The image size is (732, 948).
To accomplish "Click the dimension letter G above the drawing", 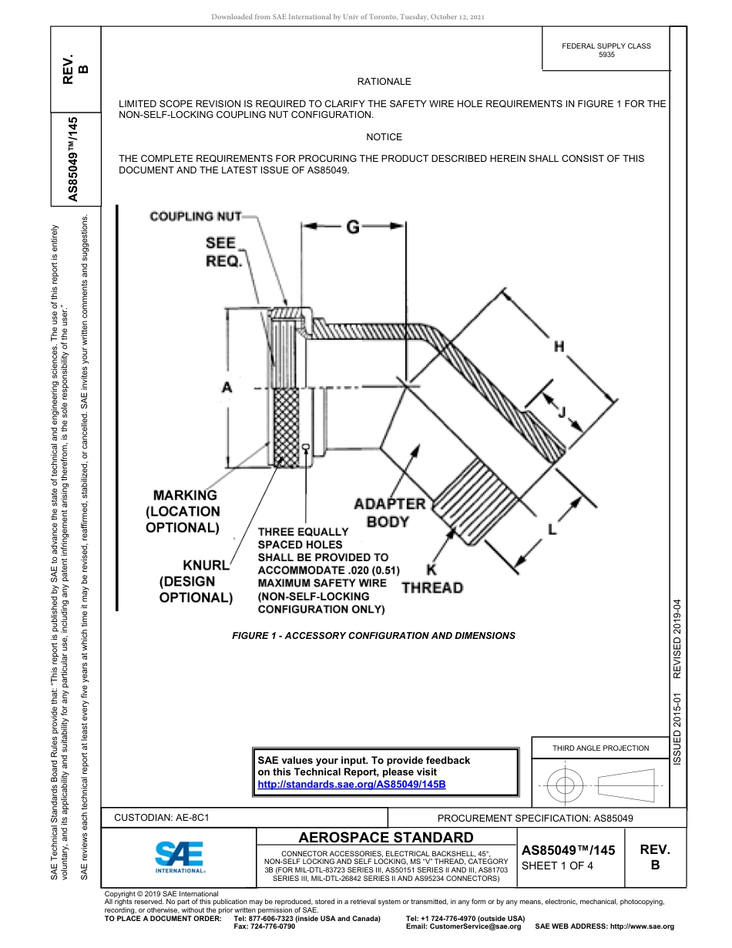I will [352, 227].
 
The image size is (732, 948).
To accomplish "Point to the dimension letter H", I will [559, 347].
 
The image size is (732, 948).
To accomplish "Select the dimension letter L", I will [552, 529].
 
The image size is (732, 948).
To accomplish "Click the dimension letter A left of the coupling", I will [227, 388].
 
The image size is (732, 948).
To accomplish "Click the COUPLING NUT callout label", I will [195, 217].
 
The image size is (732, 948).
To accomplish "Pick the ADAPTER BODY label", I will [388, 513].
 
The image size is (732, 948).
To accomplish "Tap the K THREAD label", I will [432, 580].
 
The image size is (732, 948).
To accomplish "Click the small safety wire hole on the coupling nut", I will [306, 446].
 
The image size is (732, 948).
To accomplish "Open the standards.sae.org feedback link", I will [351, 784].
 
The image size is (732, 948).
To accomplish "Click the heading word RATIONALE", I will [384, 82].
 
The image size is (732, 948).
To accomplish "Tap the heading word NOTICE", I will [384, 137].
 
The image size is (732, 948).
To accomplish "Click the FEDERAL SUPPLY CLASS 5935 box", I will [606, 50].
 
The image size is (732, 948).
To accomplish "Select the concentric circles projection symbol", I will [566, 786].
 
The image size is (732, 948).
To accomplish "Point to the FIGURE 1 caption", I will [374, 636].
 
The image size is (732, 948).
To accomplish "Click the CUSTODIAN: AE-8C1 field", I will [162, 818].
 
